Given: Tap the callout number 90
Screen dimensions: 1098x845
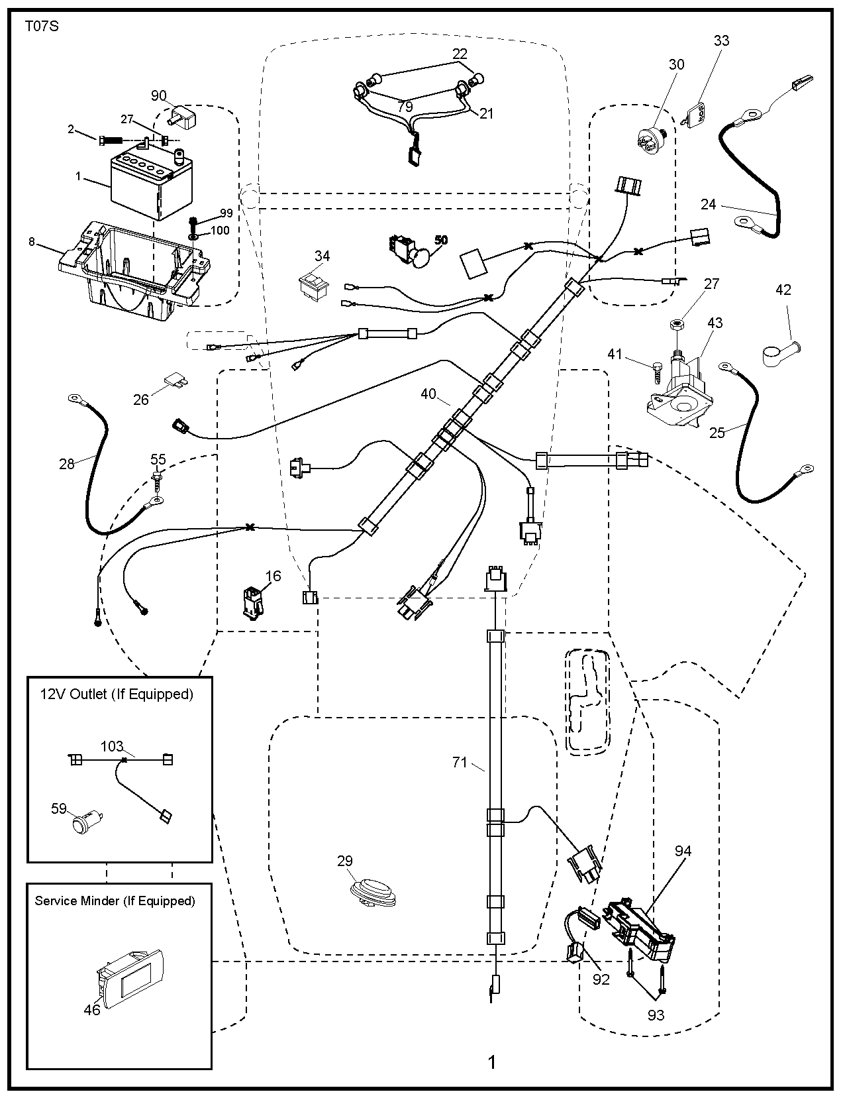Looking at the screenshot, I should [159, 96].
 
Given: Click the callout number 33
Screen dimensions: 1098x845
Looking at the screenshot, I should [721, 40].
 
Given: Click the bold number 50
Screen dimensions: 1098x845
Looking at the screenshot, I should [440, 240].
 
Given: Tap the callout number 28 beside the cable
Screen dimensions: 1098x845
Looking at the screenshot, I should [67, 464].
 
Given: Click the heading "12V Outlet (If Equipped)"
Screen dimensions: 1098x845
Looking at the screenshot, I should [117, 694].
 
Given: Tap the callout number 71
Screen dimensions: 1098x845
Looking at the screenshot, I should [460, 763].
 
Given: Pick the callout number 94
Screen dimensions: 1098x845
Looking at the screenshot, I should [683, 851].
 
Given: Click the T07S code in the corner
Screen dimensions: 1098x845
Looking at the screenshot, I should [42, 27].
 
